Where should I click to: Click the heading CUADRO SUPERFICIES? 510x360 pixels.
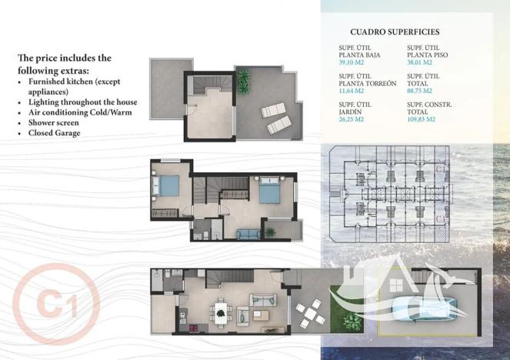coord(394,32)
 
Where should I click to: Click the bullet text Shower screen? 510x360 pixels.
coord(55,122)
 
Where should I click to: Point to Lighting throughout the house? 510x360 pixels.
coord(83,102)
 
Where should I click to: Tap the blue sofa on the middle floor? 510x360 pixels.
coord(247,234)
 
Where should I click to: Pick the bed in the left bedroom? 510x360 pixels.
coord(168,186)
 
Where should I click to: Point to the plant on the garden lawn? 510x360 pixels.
coord(338,293)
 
